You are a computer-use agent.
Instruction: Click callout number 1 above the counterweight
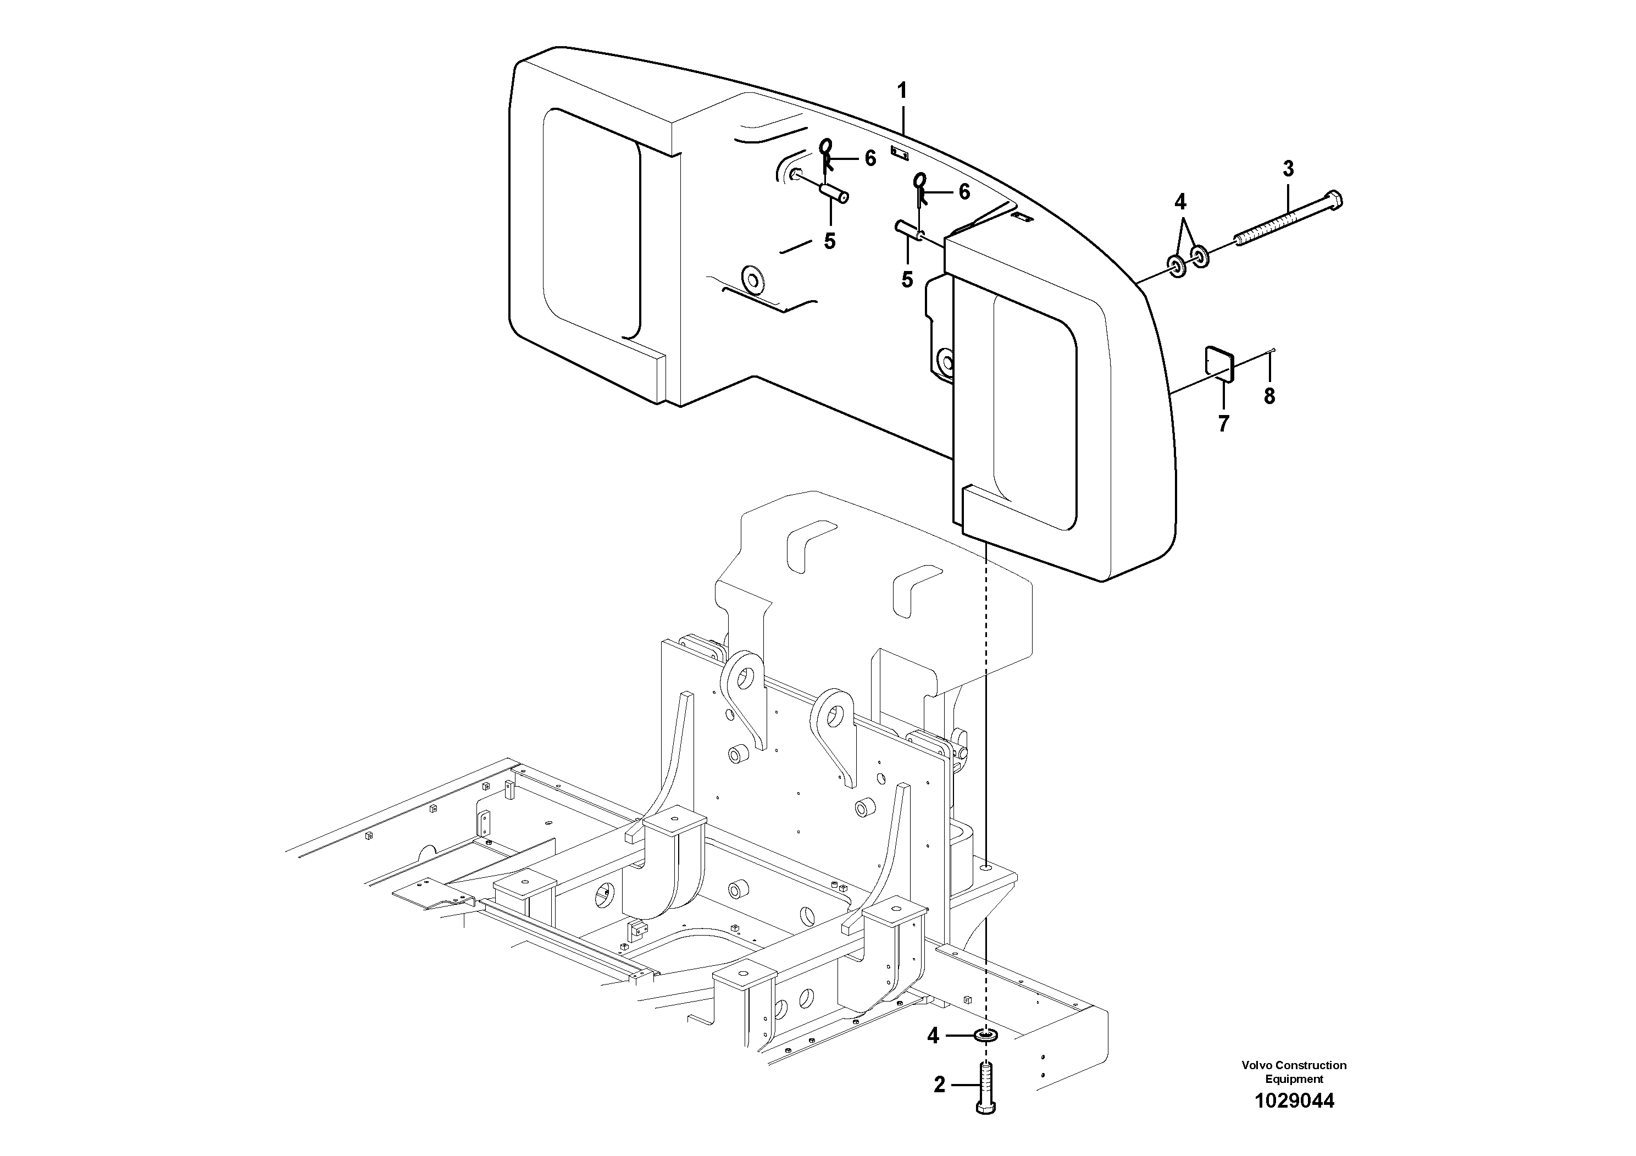tap(902, 91)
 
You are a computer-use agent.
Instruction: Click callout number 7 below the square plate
tap(1223, 424)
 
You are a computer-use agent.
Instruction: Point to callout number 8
tap(1269, 396)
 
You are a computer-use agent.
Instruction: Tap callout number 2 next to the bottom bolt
tap(939, 1086)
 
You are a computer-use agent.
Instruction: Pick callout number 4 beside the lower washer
tap(933, 1036)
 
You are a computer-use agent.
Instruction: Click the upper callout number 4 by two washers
tap(1180, 202)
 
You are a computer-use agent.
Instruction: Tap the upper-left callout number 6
tap(870, 159)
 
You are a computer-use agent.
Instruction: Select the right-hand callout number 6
tap(964, 192)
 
